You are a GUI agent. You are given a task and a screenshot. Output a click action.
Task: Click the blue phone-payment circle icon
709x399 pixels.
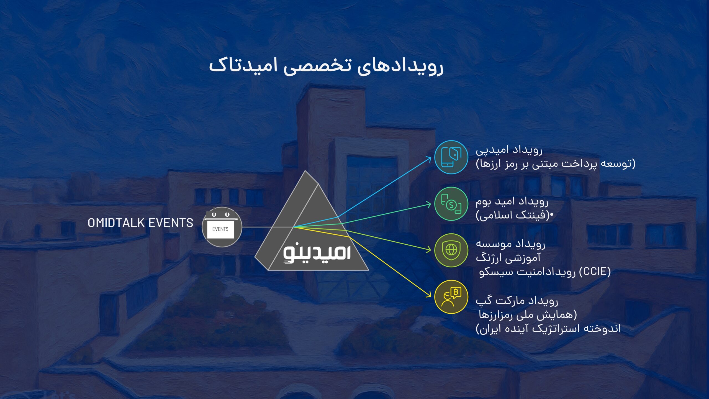click(451, 157)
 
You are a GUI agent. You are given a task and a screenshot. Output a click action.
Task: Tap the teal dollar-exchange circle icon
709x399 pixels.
click(451, 204)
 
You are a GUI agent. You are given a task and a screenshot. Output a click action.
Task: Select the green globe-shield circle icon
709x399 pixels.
click(451, 250)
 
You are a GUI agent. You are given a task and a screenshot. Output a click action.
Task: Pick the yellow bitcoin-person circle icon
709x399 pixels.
click(451, 297)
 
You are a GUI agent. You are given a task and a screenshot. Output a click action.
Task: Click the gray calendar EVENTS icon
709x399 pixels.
click(222, 227)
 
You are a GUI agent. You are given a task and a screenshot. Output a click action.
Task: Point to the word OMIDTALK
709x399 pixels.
click(116, 223)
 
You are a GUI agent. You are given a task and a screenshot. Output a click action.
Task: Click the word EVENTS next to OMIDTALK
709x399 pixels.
click(171, 223)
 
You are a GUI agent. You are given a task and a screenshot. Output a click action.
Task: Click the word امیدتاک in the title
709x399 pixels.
click(243, 66)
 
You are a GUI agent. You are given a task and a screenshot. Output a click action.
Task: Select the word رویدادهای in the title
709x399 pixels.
click(400, 66)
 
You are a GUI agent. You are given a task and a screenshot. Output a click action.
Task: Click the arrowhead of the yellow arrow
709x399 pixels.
click(429, 295)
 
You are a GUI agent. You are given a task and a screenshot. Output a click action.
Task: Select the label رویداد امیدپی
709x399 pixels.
click(509, 150)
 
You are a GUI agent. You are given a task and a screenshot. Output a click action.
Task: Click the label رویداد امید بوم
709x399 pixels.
click(512, 201)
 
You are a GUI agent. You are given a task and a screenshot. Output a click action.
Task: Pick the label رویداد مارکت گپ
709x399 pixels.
click(517, 301)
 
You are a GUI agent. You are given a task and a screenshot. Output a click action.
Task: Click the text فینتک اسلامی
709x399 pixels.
click(512, 215)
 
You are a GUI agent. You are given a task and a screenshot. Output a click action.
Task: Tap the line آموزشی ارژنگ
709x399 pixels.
click(508, 258)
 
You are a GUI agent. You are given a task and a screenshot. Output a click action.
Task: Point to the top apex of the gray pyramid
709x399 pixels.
click(305, 171)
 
